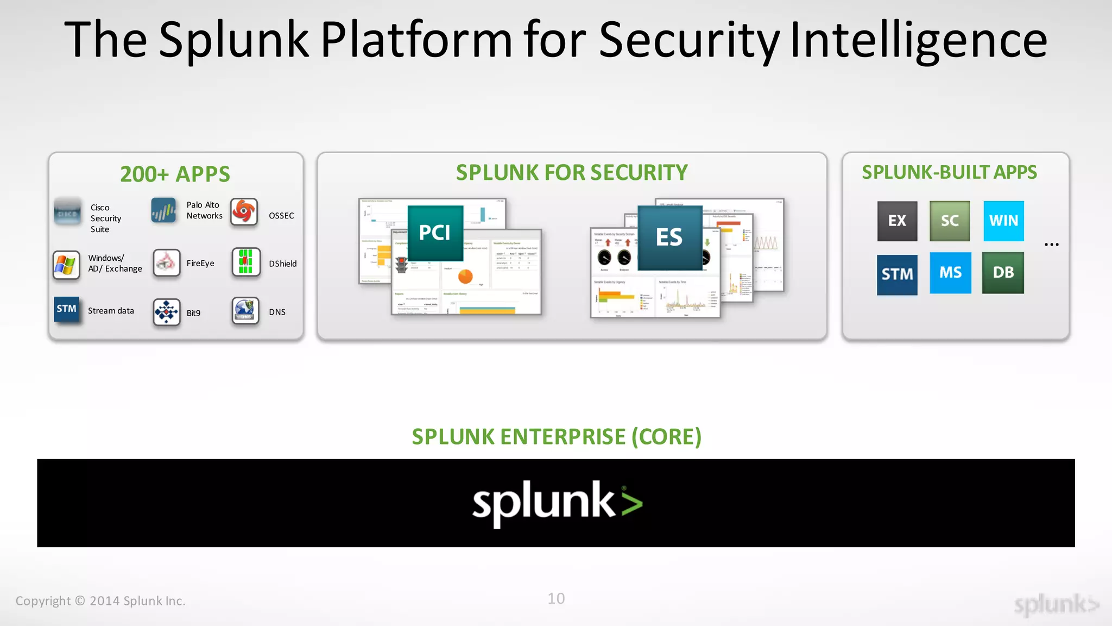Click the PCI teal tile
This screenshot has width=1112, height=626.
click(x=435, y=233)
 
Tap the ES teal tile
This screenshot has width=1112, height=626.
click(x=669, y=237)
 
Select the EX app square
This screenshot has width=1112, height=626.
click(x=897, y=221)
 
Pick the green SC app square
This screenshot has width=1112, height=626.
click(x=950, y=221)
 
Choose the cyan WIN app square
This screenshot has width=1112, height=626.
click(x=1003, y=221)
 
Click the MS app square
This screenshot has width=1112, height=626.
click(x=950, y=273)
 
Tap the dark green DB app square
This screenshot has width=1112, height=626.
click(x=1003, y=273)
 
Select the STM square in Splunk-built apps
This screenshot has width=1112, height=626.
click(x=897, y=274)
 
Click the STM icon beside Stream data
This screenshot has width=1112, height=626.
click(x=67, y=309)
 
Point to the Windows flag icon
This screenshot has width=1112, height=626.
click(x=66, y=265)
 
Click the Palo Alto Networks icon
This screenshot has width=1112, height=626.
click(x=163, y=210)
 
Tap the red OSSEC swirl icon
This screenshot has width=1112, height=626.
click(x=244, y=211)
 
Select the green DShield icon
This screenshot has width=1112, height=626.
click(x=246, y=262)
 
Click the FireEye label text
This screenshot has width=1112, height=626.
click(x=200, y=264)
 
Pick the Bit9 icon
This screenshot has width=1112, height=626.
click(x=167, y=312)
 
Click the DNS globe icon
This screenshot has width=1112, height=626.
click(x=245, y=310)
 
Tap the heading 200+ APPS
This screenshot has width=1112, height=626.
click(x=175, y=174)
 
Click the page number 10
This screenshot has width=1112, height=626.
click(x=556, y=599)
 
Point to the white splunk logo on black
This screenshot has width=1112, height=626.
click(x=557, y=503)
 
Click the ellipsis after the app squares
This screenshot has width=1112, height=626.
click(x=1051, y=245)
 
